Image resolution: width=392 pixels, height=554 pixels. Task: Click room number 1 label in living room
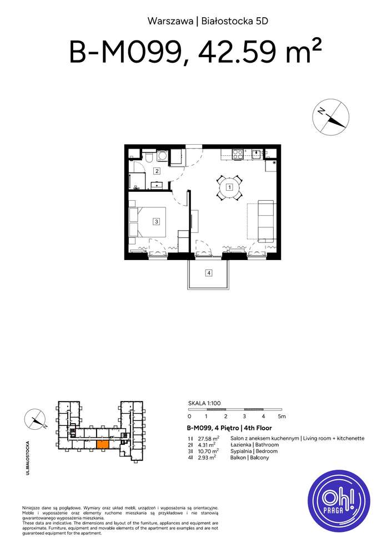[229, 187]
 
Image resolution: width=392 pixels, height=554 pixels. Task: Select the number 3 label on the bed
[157, 222]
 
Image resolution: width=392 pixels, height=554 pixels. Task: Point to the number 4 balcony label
[208, 272]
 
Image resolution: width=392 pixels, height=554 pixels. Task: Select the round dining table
[229, 187]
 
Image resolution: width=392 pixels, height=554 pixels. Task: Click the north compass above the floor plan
[331, 118]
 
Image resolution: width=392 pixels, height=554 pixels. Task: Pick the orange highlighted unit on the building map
[103, 444]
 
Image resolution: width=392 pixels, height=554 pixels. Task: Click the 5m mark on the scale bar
[282, 416]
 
